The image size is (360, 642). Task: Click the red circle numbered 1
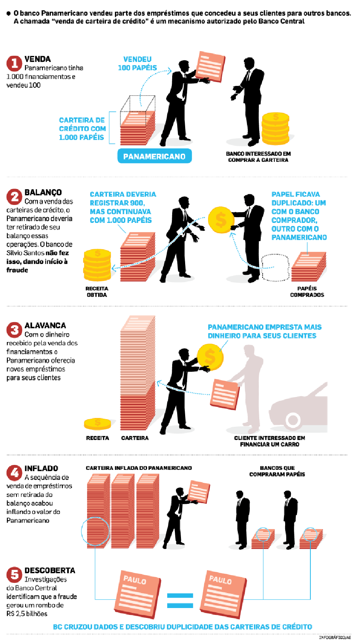[x=14, y=63]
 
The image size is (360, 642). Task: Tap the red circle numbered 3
[x=14, y=329]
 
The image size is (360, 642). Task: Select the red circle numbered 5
[x=14, y=574]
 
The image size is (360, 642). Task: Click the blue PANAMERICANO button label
[x=154, y=156]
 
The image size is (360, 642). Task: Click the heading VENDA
[x=37, y=59]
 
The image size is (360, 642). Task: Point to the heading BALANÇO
[x=43, y=192]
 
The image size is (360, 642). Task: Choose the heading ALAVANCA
[x=45, y=326]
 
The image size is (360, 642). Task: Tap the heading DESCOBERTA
[x=50, y=571]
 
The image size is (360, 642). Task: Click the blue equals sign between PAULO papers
[x=180, y=600]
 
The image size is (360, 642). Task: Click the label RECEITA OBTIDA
[x=97, y=292]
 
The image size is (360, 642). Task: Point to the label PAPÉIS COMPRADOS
[x=307, y=292]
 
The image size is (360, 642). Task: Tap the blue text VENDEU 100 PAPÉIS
[x=137, y=63]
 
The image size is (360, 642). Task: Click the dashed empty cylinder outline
[x=275, y=267]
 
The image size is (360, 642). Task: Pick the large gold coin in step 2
[x=221, y=220]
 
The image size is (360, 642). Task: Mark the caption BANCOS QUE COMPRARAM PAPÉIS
[x=277, y=471]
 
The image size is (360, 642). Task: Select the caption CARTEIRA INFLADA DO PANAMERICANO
[x=139, y=468]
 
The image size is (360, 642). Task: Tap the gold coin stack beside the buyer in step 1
[x=275, y=129]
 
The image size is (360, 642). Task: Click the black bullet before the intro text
[x=8, y=13]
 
